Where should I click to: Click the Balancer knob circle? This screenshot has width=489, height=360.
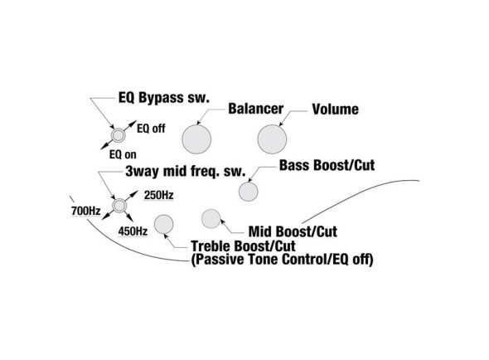tap(196, 139)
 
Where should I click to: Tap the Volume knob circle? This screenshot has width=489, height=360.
tap(272, 139)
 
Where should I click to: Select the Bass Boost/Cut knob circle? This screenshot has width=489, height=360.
tap(249, 192)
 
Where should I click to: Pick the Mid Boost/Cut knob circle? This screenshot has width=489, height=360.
tap(211, 219)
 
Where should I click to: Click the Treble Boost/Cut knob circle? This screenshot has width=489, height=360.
tap(164, 224)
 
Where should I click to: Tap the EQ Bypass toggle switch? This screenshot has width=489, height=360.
tap(119, 135)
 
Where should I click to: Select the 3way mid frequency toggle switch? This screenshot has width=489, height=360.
tap(119, 206)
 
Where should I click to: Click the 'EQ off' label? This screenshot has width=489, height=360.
tap(151, 129)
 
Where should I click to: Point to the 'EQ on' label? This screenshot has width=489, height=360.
tap(123, 154)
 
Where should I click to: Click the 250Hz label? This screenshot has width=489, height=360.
tap(158, 195)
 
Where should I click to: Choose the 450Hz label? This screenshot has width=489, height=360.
tap(133, 231)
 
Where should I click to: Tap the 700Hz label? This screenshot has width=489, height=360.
tap(85, 211)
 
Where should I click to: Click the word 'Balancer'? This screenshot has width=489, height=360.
tap(256, 109)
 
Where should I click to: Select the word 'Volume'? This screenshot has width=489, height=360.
tap(335, 109)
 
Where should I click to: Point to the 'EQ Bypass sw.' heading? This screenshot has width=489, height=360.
tap(164, 97)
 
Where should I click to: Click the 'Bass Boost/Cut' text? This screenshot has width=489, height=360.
tap(327, 165)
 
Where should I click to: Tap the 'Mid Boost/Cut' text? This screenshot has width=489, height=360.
tap(293, 231)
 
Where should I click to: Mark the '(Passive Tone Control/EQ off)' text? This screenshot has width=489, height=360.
tap(282, 260)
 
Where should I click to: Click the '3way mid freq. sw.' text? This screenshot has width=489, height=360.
tap(186, 171)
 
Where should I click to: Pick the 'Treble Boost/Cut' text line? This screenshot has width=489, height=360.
tap(243, 246)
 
